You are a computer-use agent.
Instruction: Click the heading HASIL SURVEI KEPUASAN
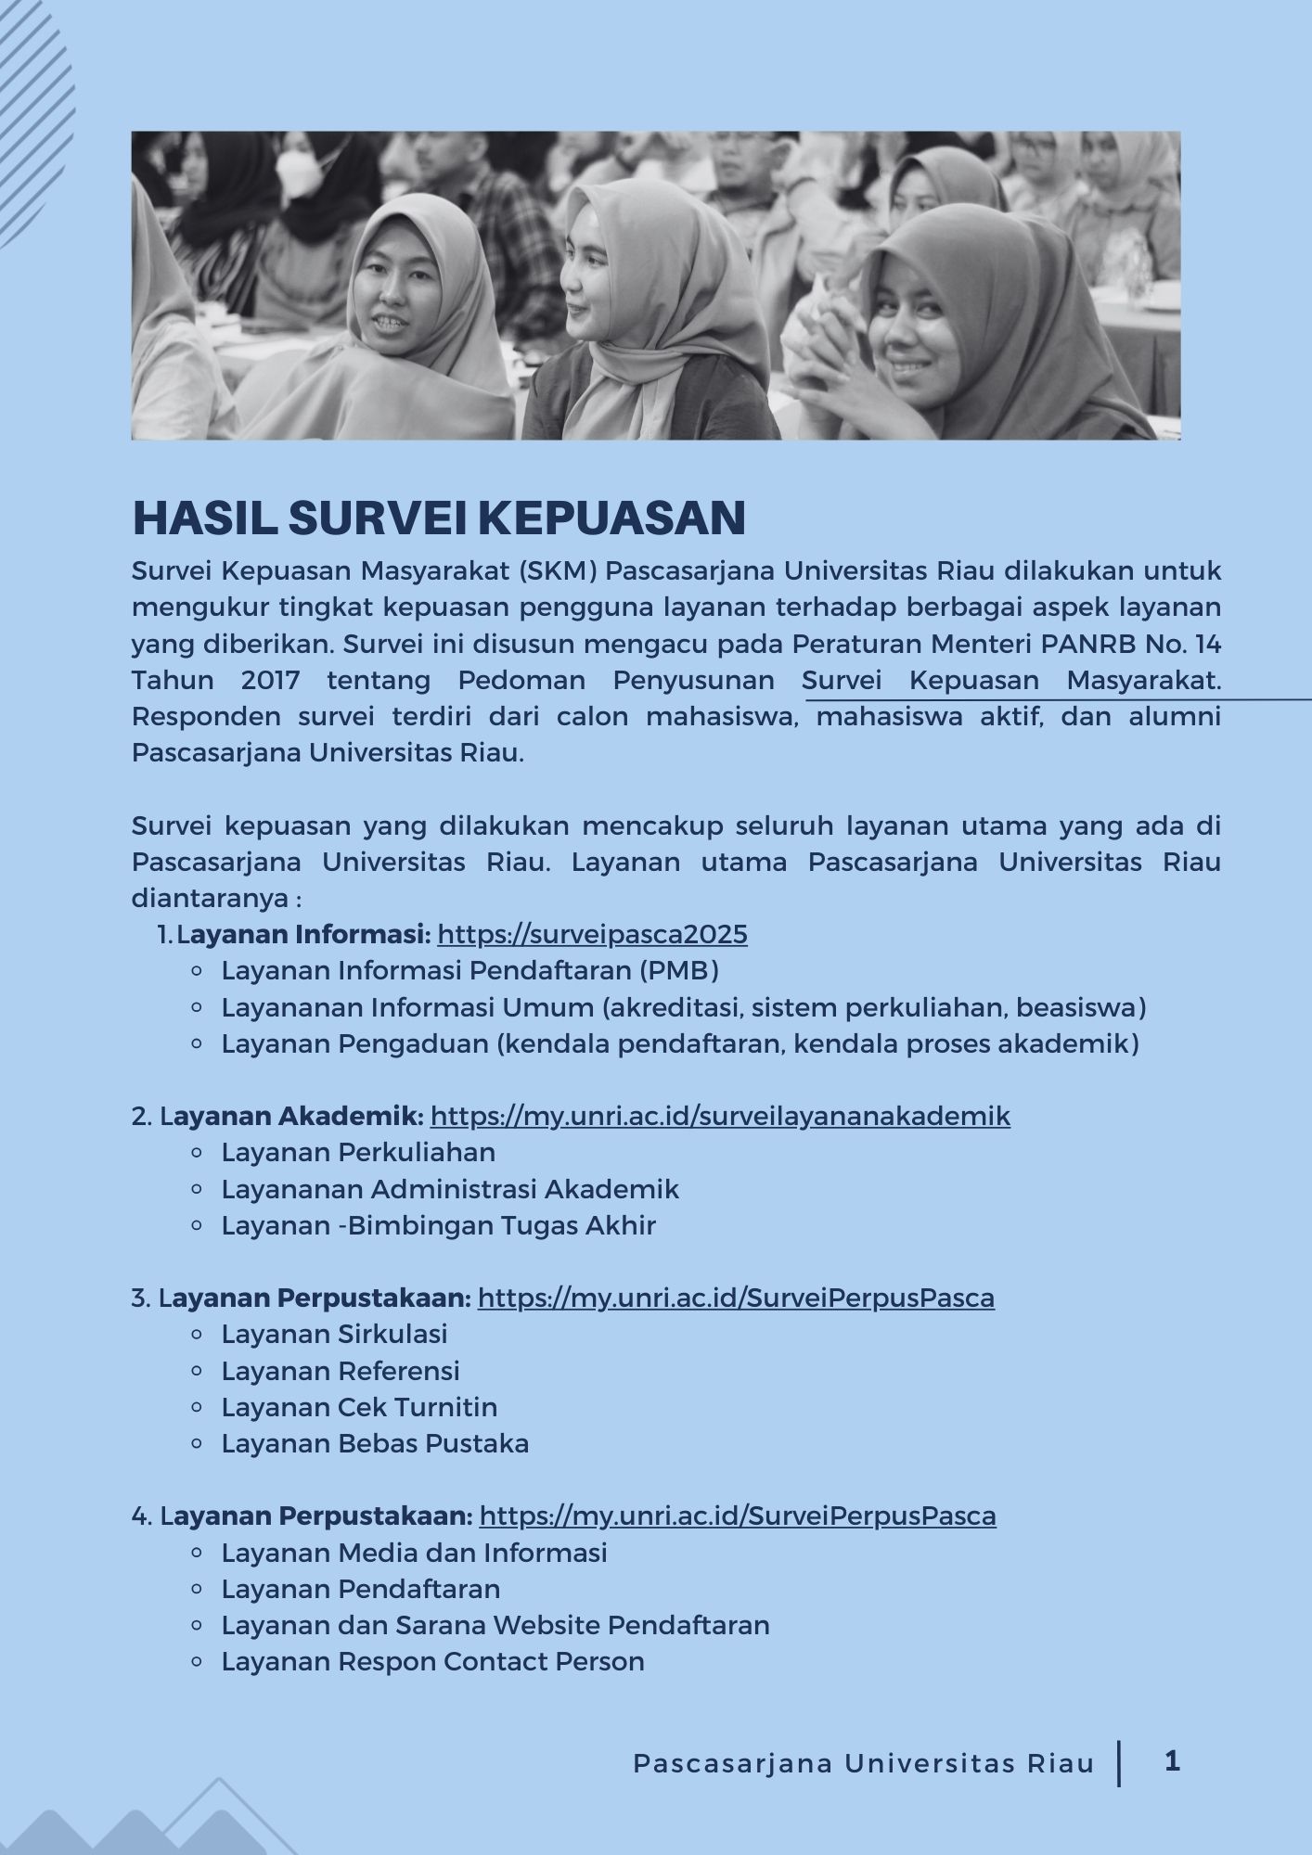[x=439, y=518]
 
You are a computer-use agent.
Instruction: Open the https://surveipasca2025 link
[x=592, y=934]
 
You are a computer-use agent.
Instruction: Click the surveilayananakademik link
[x=720, y=1116]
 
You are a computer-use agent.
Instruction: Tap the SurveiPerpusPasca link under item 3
[x=736, y=1298]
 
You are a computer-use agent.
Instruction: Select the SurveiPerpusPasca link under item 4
[x=738, y=1516]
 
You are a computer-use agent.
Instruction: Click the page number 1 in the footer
[x=1172, y=1760]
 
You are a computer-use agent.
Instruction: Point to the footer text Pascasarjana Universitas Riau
[x=864, y=1763]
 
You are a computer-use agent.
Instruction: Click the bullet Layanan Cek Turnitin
[x=359, y=1407]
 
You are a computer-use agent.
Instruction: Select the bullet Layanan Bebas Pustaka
[x=375, y=1443]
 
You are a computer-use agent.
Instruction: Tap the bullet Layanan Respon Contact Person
[x=432, y=1661]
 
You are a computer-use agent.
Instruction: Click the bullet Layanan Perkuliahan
[x=358, y=1152]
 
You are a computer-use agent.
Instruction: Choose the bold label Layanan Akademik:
[x=293, y=1116]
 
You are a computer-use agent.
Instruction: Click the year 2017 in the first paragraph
[x=270, y=680]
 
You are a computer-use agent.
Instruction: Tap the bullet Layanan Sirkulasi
[x=334, y=1334]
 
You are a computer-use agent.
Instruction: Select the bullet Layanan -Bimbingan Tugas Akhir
[x=438, y=1225]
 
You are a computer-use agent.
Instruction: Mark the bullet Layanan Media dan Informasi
[x=414, y=1553]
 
